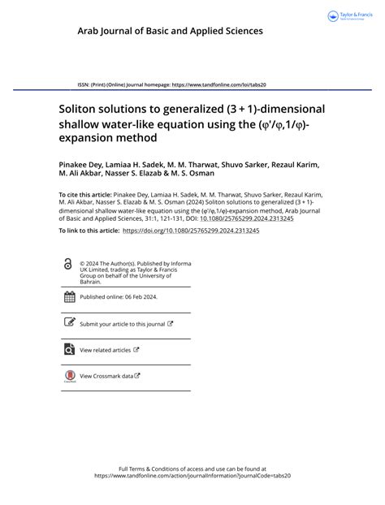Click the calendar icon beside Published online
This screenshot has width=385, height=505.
[x=68, y=296]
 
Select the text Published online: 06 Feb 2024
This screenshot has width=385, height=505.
[x=119, y=296]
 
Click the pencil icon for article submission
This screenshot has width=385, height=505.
[x=68, y=323]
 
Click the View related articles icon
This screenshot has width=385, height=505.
[x=68, y=350]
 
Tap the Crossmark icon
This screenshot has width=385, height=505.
[x=68, y=377]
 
